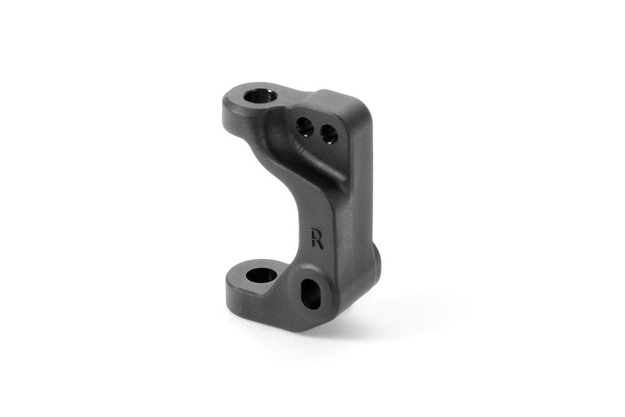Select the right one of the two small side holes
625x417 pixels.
tap(328, 133)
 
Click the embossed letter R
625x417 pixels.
tap(317, 239)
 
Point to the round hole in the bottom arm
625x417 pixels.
tap(257, 275)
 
